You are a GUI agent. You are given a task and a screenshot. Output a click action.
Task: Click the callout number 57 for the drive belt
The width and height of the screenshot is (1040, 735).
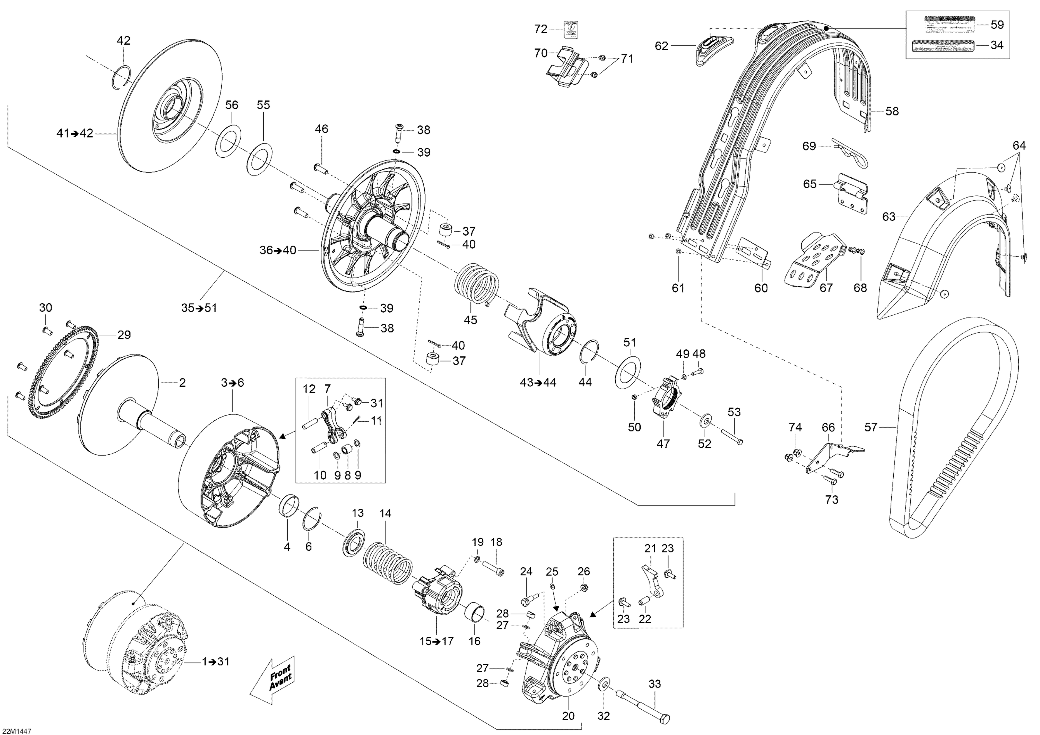pyautogui.click(x=870, y=427)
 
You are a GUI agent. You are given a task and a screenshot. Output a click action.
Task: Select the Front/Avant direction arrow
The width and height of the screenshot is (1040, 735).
pyautogui.click(x=273, y=679)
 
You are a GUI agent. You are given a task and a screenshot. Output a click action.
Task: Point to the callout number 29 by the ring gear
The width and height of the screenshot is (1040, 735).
pyautogui.click(x=124, y=335)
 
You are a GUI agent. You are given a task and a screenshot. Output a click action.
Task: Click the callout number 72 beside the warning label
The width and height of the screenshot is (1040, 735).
pyautogui.click(x=540, y=29)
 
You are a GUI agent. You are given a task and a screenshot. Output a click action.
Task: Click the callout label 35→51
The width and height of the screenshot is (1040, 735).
pyautogui.click(x=199, y=308)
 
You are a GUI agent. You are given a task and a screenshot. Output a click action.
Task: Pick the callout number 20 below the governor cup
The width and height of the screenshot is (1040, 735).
pyautogui.click(x=568, y=716)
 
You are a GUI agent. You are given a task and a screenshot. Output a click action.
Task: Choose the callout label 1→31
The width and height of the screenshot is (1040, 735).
pyautogui.click(x=216, y=662)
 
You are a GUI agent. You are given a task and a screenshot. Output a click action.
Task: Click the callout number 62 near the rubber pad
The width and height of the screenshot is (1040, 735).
pyautogui.click(x=661, y=46)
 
